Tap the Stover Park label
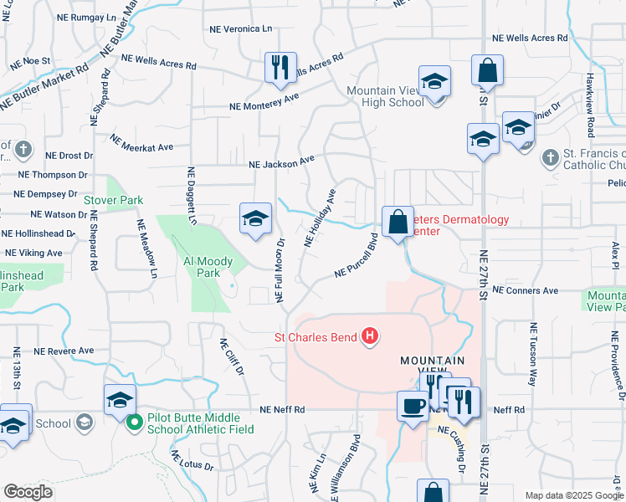tap(113, 200)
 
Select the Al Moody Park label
tap(202, 267)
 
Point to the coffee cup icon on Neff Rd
tap(411, 407)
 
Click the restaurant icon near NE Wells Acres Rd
tap(280, 67)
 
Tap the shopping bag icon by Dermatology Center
tap(398, 222)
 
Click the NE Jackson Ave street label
tap(281, 161)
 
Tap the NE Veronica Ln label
tap(240, 28)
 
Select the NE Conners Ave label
tap(525, 290)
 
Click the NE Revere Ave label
tap(64, 351)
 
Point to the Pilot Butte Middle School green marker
tap(133, 423)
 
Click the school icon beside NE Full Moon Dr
tap(255, 218)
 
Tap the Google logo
tap(28, 492)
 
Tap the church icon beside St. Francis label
tap(550, 157)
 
